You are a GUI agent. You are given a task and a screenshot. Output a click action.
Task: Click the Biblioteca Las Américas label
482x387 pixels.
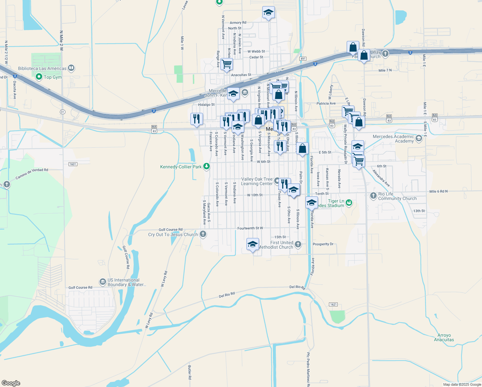(42, 68)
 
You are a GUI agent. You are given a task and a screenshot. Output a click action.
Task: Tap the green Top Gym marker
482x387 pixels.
(39, 77)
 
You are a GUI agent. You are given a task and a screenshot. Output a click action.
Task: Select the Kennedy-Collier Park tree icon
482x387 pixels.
(207, 167)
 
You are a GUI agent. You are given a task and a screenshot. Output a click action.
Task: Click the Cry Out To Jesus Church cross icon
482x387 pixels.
(203, 234)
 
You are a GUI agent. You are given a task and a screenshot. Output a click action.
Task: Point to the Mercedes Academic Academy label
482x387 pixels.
(393, 139)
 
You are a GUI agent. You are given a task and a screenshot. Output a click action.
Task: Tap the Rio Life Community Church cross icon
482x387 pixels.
(373, 196)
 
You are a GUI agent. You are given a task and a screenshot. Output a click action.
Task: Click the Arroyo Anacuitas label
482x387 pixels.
(444, 337)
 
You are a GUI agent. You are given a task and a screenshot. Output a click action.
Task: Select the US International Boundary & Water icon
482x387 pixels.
(102, 282)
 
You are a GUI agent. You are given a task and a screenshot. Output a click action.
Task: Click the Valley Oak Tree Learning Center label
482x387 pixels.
(257, 181)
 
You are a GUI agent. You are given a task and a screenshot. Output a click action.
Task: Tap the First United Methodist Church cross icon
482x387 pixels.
(298, 244)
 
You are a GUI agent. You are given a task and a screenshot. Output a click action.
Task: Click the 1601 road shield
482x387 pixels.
(73, 164)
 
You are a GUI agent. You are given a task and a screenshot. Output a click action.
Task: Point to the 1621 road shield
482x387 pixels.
(333, 304)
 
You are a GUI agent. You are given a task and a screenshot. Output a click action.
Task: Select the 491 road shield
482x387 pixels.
(303, 59)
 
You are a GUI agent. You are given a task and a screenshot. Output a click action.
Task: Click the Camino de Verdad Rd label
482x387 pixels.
(32, 174)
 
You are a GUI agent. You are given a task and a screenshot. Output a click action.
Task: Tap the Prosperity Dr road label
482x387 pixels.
(323, 244)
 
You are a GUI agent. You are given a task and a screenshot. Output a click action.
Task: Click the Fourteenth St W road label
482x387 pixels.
(250, 228)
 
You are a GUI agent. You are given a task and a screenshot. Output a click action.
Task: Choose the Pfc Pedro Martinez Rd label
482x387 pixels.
(308, 369)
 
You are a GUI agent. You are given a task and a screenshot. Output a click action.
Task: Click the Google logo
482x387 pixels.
(11, 383)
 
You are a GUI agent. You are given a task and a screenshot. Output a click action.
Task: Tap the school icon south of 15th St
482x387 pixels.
(253, 244)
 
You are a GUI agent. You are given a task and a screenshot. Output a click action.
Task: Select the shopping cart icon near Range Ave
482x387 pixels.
(227, 64)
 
